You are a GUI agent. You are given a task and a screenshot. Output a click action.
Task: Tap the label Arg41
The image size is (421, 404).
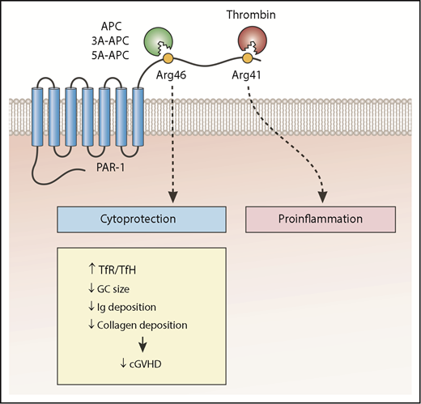pos(247,77)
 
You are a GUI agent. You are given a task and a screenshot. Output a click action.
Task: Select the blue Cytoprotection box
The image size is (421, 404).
pos(139,219)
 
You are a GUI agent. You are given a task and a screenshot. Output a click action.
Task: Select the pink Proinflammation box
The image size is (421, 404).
pos(320,219)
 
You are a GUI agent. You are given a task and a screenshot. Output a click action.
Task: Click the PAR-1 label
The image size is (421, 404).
pos(112,171)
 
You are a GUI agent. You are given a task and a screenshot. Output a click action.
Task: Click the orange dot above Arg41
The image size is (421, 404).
pos(247,59)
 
